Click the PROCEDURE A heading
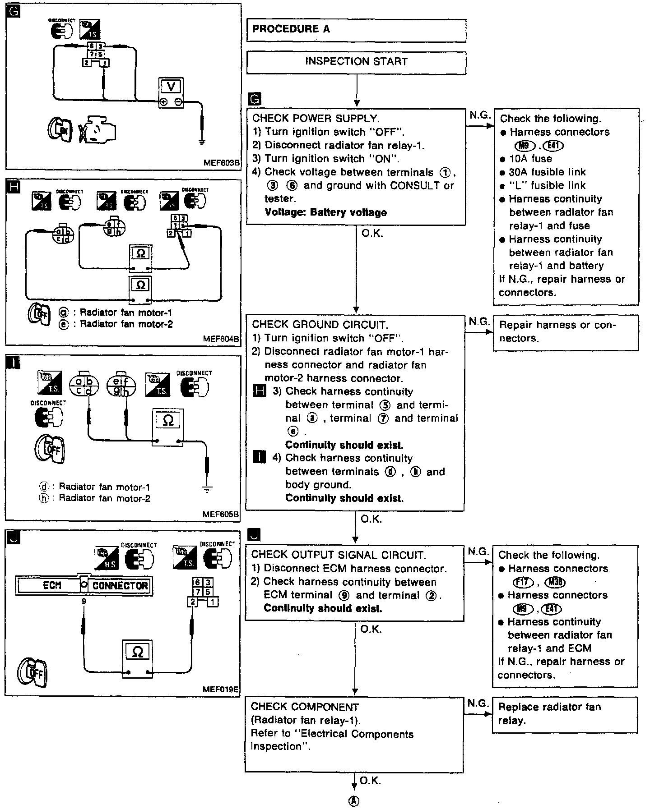coord(291,29)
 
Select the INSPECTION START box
coord(356,62)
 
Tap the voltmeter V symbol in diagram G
coord(171,86)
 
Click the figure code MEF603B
coord(221,163)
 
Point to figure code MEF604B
coord(221,339)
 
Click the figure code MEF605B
coord(221,514)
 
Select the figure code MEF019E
coord(221,689)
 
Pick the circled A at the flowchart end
coord(354,801)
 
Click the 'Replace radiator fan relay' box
coord(565,714)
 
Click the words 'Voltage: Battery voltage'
coord(325,212)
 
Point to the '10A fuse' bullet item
coord(531,159)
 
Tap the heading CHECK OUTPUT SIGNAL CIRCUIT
coord(339,555)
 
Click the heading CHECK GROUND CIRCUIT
coord(320,325)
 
